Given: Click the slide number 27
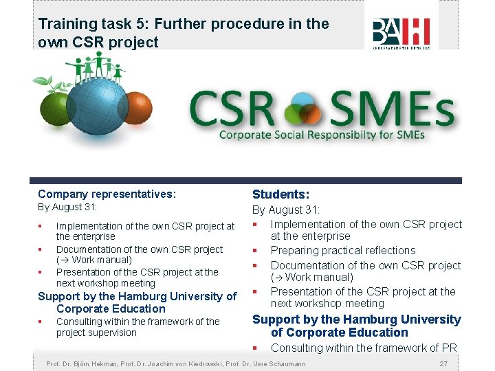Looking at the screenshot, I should click(443, 363).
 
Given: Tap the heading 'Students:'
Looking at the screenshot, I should click(280, 195).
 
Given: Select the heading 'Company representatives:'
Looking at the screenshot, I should click(107, 194).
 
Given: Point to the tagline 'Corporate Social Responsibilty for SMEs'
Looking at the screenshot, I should click(322, 135).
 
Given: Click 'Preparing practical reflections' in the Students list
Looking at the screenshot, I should click(342, 251).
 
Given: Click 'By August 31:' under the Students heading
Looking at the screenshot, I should click(286, 210).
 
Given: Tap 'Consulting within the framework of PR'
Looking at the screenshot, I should click(364, 348).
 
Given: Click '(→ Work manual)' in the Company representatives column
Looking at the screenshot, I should click(94, 260).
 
